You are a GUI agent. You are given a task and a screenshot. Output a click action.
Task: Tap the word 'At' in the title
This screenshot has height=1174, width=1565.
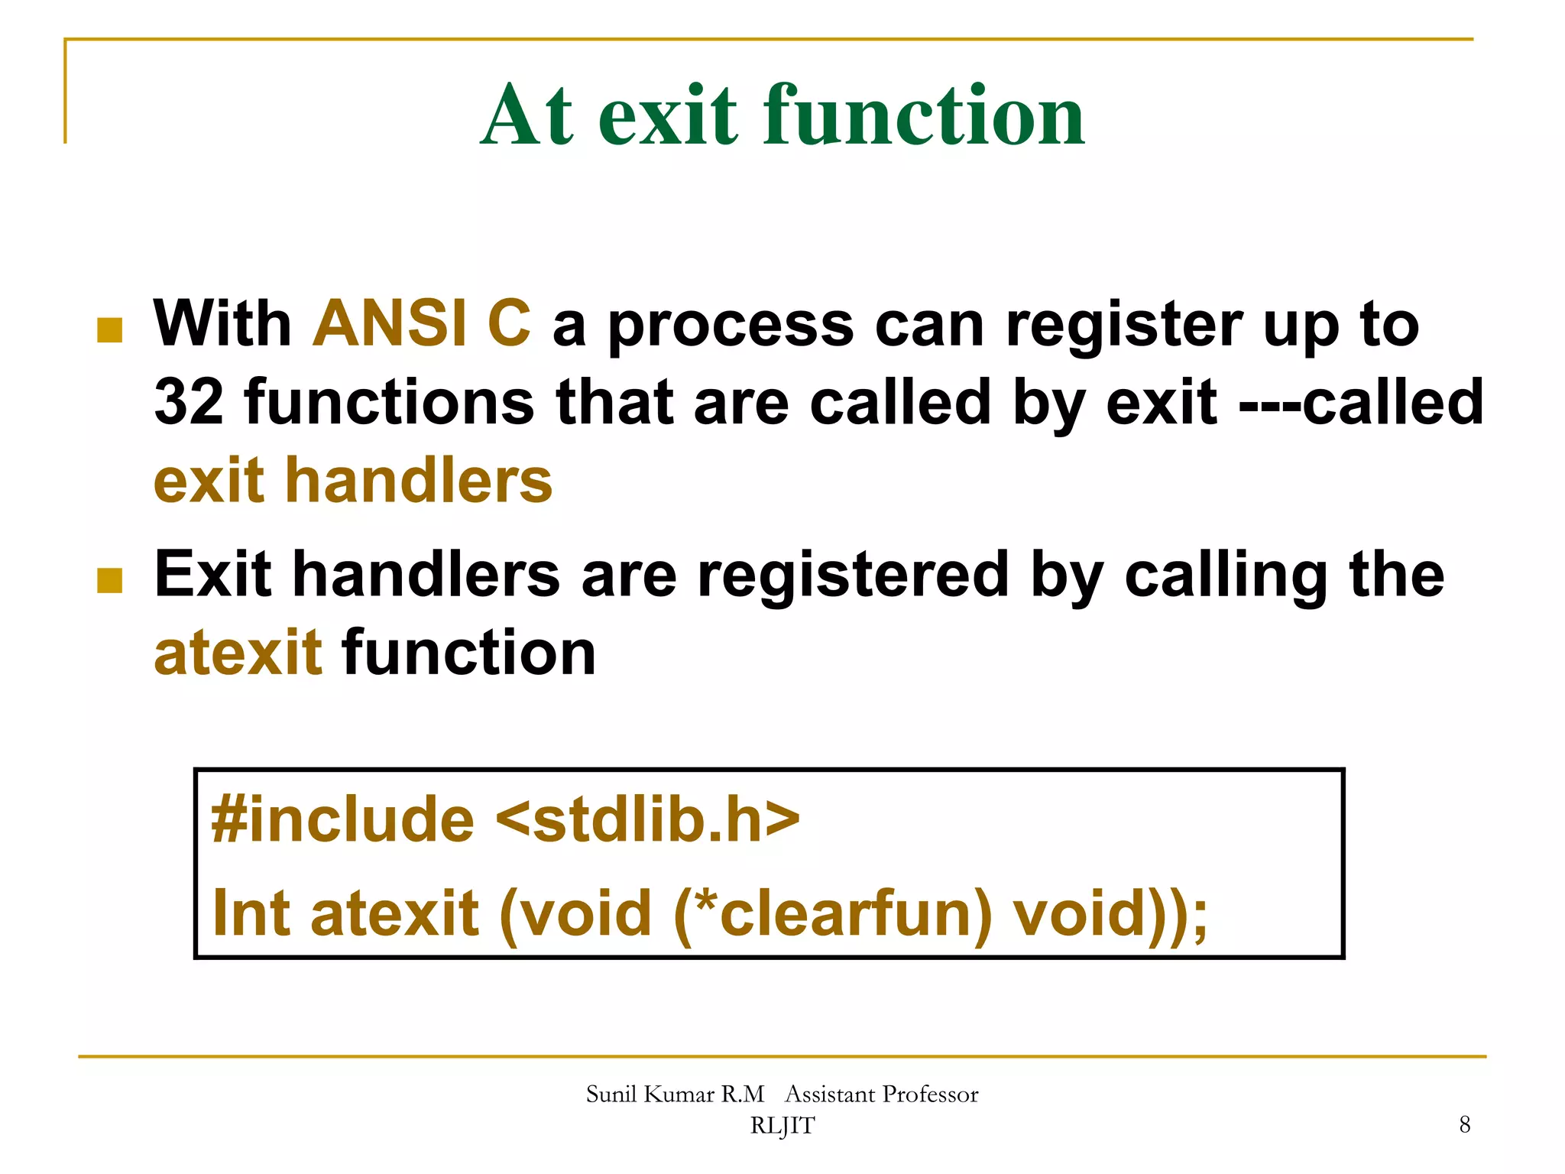coord(527,116)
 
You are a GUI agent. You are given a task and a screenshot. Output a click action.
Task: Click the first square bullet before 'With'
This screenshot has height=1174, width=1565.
coord(110,330)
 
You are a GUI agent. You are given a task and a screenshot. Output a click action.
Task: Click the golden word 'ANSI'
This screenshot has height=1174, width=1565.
coord(390,323)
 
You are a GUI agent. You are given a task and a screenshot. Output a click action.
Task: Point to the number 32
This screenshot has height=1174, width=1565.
coord(189,403)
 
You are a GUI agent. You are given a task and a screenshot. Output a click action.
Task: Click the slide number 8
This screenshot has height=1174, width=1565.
coord(1464,1124)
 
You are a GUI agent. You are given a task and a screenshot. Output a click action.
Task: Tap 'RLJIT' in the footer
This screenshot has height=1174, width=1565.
coord(782,1126)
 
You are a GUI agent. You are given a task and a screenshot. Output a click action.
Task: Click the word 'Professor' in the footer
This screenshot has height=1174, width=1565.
coord(930,1095)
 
